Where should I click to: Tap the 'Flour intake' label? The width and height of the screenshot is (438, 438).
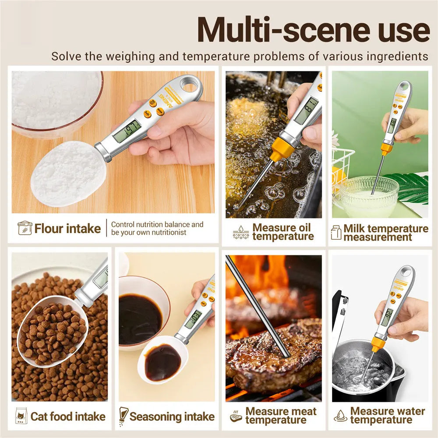[68, 228]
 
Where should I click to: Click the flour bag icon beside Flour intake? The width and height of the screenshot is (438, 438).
[25, 228]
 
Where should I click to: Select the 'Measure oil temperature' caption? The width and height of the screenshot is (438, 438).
[283, 232]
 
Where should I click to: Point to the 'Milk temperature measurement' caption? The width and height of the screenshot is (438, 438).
[385, 233]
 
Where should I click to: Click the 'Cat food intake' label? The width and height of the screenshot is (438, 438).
[68, 416]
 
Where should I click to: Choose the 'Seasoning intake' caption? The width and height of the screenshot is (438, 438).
[172, 416]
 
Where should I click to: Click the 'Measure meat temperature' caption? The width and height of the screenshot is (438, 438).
[281, 416]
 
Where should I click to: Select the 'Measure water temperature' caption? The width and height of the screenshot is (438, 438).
[387, 415]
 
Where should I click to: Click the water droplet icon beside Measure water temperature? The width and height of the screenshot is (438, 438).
[340, 416]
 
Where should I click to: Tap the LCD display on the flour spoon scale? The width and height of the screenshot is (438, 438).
[127, 131]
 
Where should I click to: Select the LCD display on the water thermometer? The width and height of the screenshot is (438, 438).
[387, 317]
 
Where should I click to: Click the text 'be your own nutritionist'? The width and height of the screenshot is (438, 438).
[149, 233]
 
